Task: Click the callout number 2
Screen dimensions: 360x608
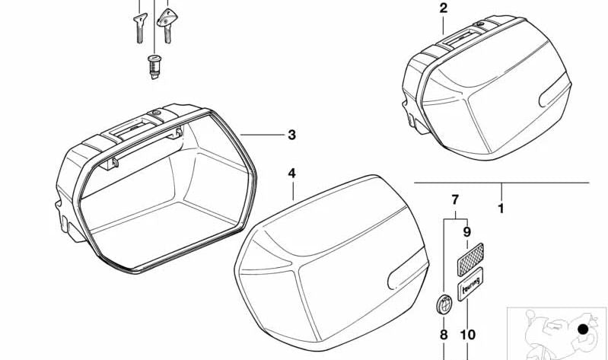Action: point(444,9)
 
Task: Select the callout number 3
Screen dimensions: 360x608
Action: point(291,135)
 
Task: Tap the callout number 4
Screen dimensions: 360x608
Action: point(291,174)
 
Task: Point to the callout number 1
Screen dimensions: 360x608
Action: point(500,206)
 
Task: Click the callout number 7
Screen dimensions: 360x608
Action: point(455,201)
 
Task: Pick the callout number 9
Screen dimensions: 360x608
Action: point(467,232)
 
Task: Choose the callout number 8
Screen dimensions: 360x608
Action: point(444,334)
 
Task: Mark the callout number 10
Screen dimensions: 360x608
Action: point(467,334)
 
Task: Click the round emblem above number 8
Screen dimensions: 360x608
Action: point(444,302)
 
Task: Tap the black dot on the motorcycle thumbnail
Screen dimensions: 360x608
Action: point(582,329)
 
